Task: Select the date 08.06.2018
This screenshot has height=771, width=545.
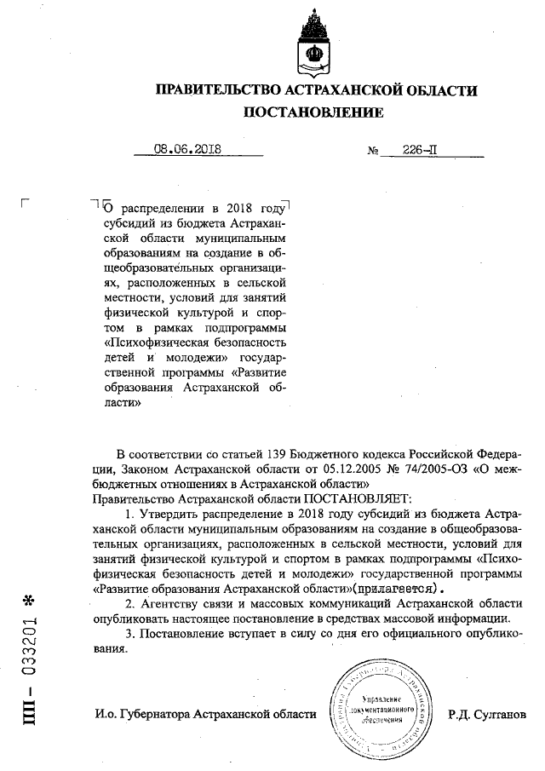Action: point(187,148)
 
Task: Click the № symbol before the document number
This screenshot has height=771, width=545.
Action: point(373,150)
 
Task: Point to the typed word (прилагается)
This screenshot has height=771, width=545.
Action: point(397,589)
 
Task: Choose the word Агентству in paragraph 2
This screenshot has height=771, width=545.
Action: point(169,603)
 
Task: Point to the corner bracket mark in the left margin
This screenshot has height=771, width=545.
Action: point(26,202)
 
